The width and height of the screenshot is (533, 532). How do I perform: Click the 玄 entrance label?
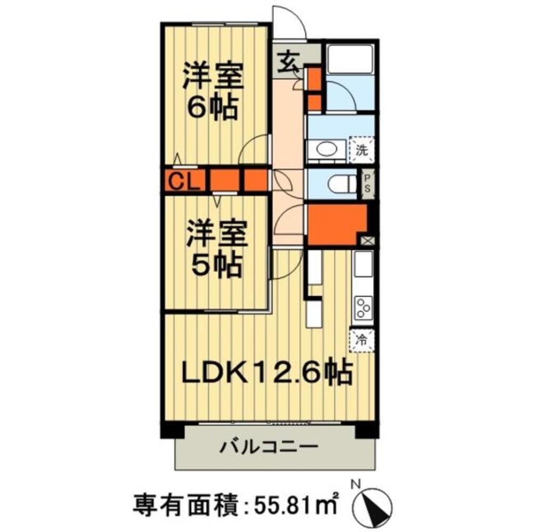[x=288, y=62]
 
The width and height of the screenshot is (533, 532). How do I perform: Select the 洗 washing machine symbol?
[x=362, y=150]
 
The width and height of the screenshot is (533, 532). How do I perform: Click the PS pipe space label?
[x=367, y=184]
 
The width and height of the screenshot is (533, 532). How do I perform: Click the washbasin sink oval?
[x=326, y=149]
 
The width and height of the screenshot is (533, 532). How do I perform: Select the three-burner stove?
[x=363, y=308]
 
